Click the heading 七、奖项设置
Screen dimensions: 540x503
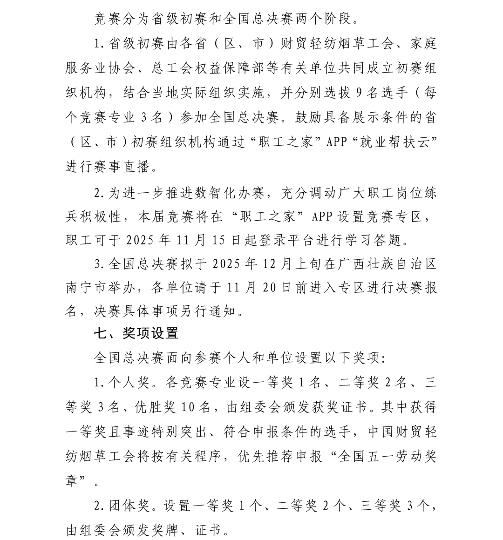pyautogui.click(x=136, y=333)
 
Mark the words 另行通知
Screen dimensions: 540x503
pyautogui.click(x=216, y=311)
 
